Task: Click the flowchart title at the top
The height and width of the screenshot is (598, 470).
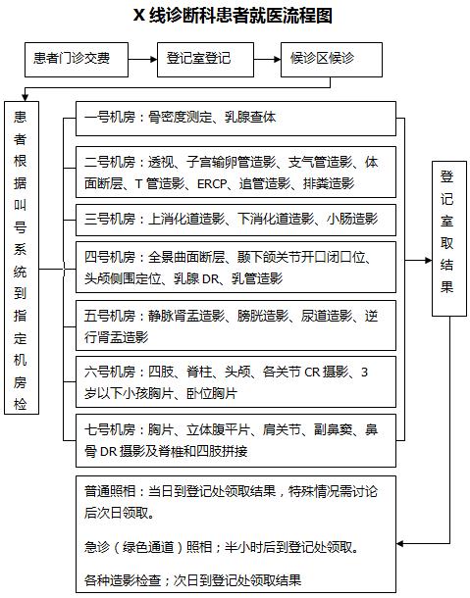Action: point(233,16)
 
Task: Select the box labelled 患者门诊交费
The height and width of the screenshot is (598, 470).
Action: point(77,60)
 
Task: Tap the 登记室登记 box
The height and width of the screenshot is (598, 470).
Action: point(205,60)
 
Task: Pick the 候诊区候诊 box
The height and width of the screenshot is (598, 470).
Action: point(332,60)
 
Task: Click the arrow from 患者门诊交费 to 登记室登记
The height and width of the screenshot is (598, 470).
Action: point(143,59)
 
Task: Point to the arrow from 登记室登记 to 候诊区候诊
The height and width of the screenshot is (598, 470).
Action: point(267,59)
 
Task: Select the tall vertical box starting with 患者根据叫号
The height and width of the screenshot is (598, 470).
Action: point(22,258)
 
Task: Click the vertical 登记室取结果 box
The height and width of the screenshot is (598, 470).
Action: point(449,239)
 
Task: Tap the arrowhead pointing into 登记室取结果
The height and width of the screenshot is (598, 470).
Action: point(429,261)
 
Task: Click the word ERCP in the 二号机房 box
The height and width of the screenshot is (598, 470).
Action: point(212,184)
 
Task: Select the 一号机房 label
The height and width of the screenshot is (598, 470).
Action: point(110,117)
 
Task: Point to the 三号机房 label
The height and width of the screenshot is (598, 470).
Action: point(110,219)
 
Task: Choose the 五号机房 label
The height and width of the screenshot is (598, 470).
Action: point(110,316)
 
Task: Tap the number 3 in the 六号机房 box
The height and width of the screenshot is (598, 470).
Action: point(364,372)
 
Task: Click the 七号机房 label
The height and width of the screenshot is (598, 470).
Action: point(110,429)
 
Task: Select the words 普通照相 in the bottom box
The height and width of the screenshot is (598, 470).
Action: point(110,491)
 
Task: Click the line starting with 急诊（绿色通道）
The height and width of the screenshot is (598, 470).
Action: point(222,548)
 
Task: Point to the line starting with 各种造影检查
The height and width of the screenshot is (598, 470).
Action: point(193,580)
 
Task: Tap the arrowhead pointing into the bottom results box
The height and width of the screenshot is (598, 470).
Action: point(400,543)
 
